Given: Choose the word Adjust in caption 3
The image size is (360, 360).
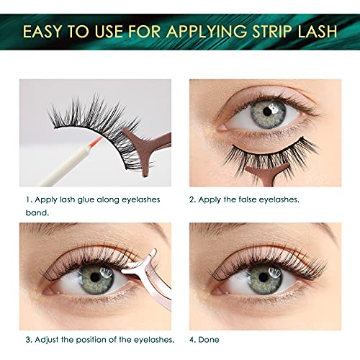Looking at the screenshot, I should click(x=49, y=338).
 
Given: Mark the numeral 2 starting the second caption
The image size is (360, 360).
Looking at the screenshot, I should click(x=192, y=199).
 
